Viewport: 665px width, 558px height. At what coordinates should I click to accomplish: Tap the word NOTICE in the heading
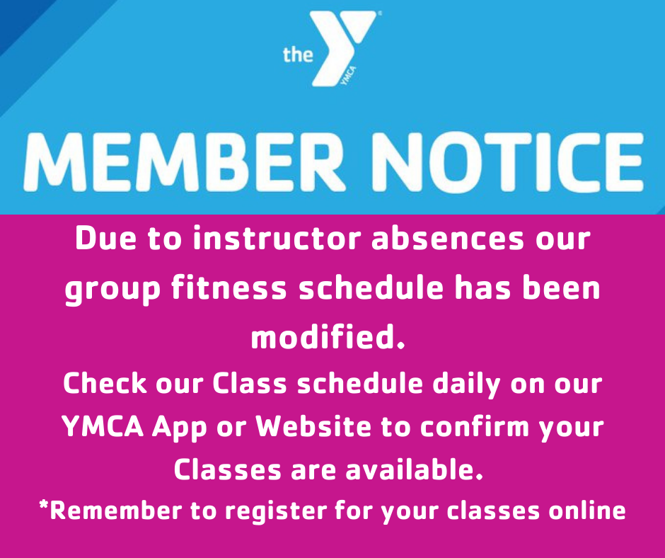click(x=508, y=161)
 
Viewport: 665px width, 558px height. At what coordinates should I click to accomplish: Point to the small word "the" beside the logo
click(x=298, y=55)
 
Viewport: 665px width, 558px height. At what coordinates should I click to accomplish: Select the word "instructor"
click(x=277, y=239)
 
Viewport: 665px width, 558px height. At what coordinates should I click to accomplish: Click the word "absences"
click(x=448, y=239)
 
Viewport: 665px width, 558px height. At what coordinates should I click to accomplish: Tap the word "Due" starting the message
click(x=106, y=239)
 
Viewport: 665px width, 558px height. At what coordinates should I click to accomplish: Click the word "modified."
click(x=328, y=337)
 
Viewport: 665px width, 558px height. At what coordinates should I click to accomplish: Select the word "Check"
click(x=105, y=384)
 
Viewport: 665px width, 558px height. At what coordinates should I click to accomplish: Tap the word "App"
click(x=179, y=428)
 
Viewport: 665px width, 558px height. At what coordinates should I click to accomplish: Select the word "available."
click(x=414, y=469)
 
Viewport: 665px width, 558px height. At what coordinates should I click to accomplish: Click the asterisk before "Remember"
click(x=43, y=506)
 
